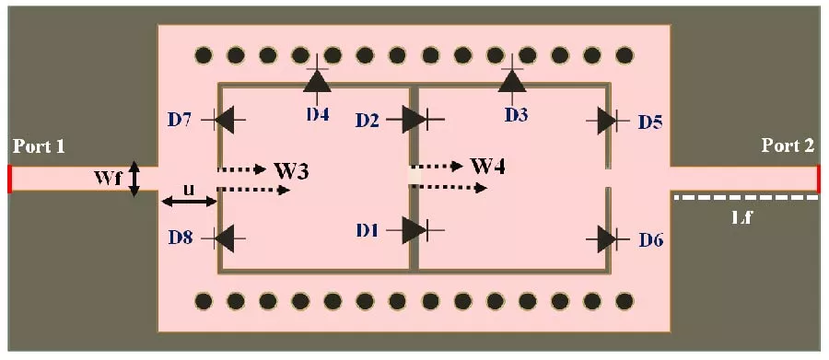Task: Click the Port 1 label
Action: point(40,146)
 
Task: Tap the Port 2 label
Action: point(788,146)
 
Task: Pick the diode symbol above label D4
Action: point(318,81)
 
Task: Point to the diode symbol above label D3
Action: point(512,81)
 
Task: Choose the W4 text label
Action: point(487,167)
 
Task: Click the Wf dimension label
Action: point(109,178)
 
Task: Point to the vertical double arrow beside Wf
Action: point(134,178)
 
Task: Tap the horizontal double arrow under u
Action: point(188,202)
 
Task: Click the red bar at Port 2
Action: point(817,179)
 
